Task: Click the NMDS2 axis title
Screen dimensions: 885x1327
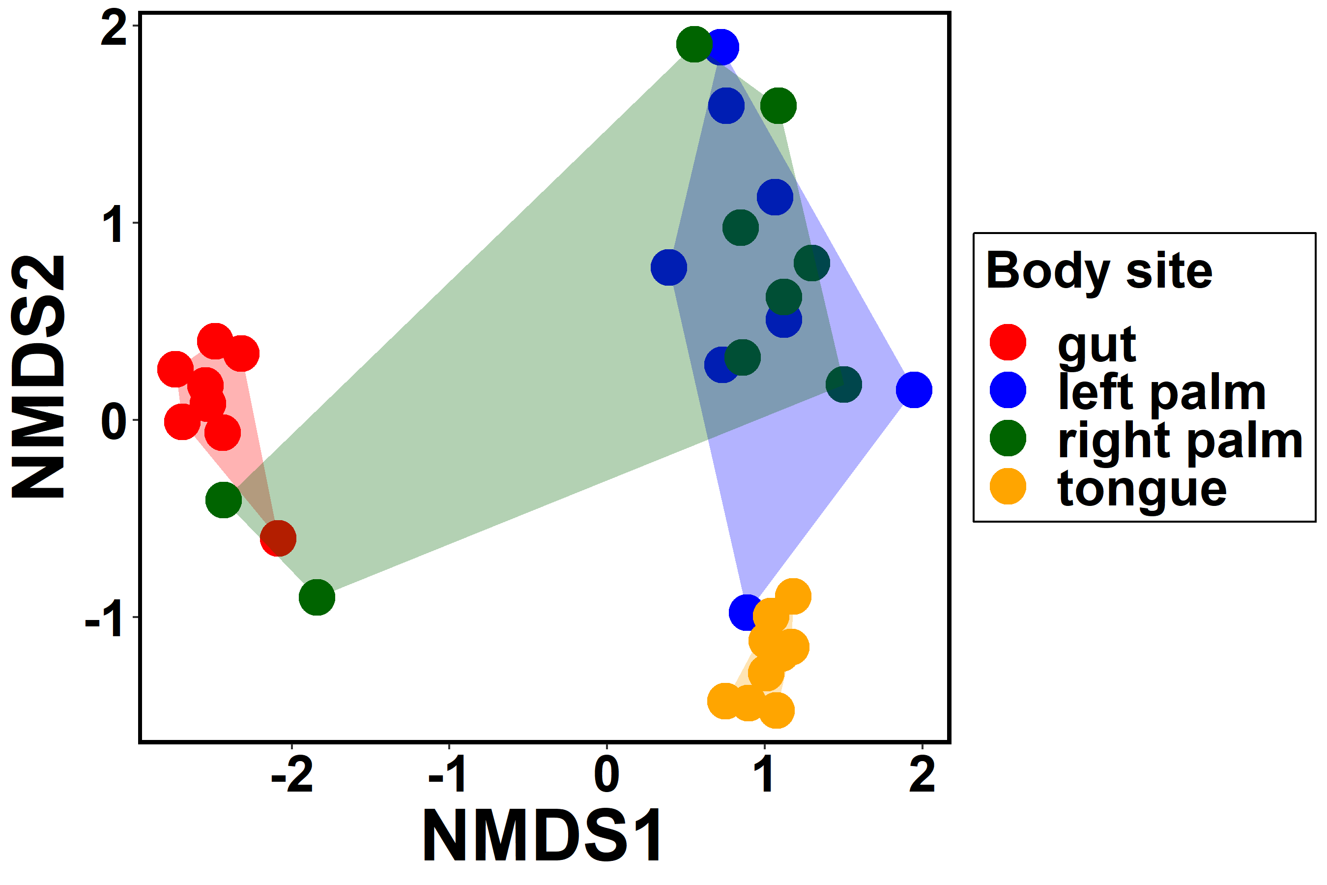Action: coord(38,377)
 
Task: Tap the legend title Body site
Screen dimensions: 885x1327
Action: coord(1098,271)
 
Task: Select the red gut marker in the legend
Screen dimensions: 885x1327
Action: coord(1008,342)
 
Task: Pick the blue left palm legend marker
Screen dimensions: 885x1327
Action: coord(1008,390)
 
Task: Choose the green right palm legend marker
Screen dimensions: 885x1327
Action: coord(1008,438)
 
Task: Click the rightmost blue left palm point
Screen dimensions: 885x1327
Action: coord(914,389)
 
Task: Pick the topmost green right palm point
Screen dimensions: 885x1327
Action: coord(694,44)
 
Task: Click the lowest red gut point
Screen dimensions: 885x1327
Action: coord(278,538)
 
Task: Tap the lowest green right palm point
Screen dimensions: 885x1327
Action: coord(317,597)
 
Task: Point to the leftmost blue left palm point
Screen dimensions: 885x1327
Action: coord(668,267)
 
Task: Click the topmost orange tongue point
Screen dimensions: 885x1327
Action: coord(793,596)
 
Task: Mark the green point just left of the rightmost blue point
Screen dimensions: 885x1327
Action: coord(843,384)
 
